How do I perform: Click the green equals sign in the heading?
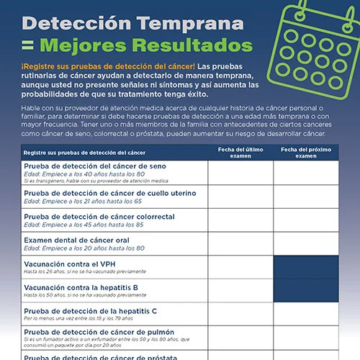27,45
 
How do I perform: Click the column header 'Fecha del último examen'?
240,152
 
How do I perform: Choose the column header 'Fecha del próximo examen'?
306,152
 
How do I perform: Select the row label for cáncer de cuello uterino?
99,192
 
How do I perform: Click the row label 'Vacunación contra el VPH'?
69,264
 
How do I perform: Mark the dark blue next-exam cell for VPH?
306,267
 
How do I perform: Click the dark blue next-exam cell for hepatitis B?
306,290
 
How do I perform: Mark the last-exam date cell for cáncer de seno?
240,173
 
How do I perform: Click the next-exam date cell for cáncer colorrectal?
306,220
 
